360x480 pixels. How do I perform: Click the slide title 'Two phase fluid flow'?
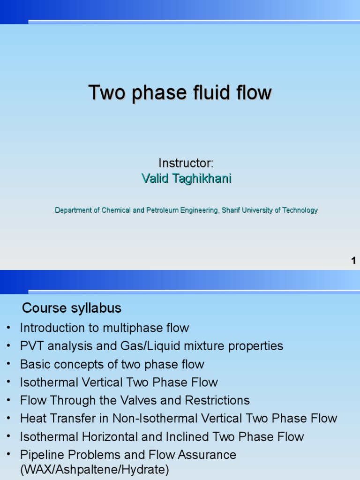pos(180,93)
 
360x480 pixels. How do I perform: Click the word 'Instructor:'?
pos(186,163)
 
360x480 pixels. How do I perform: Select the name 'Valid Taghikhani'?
pos(186,179)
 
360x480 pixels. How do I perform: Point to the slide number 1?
pos(353,261)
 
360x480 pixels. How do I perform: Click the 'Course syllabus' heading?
pos(72,308)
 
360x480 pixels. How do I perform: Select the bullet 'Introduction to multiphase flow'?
pos(104,328)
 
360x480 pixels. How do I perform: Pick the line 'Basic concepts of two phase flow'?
pos(112,364)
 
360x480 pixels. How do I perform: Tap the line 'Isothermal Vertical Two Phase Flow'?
pos(119,382)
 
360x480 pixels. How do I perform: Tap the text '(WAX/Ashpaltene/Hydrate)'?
pos(94,470)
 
